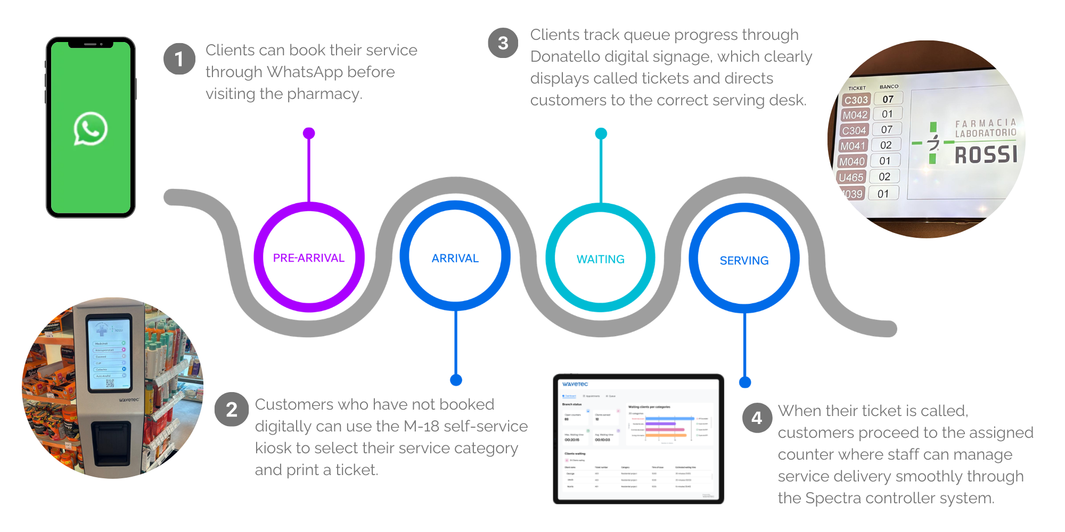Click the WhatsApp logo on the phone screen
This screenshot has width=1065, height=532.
(91, 129)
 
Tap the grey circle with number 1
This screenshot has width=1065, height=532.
(179, 59)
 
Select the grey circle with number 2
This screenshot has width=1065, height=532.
(231, 410)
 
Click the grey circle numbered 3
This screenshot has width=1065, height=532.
(503, 43)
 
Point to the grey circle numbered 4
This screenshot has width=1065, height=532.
(757, 418)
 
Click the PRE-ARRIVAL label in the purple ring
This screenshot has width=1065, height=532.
(309, 258)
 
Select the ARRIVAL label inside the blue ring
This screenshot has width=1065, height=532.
(455, 259)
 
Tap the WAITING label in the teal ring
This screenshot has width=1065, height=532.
(601, 259)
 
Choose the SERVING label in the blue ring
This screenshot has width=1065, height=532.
(744, 261)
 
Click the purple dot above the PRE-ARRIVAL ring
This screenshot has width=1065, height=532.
(309, 133)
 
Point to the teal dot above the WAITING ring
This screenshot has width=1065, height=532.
(601, 134)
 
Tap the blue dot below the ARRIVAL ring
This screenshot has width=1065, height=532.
(456, 380)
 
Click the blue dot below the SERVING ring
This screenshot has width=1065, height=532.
(745, 382)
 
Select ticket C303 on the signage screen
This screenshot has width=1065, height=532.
(856, 100)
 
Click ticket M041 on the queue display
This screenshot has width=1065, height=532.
(853, 146)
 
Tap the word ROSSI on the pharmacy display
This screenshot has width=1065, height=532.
(986, 155)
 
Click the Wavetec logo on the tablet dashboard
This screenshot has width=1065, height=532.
(575, 384)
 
